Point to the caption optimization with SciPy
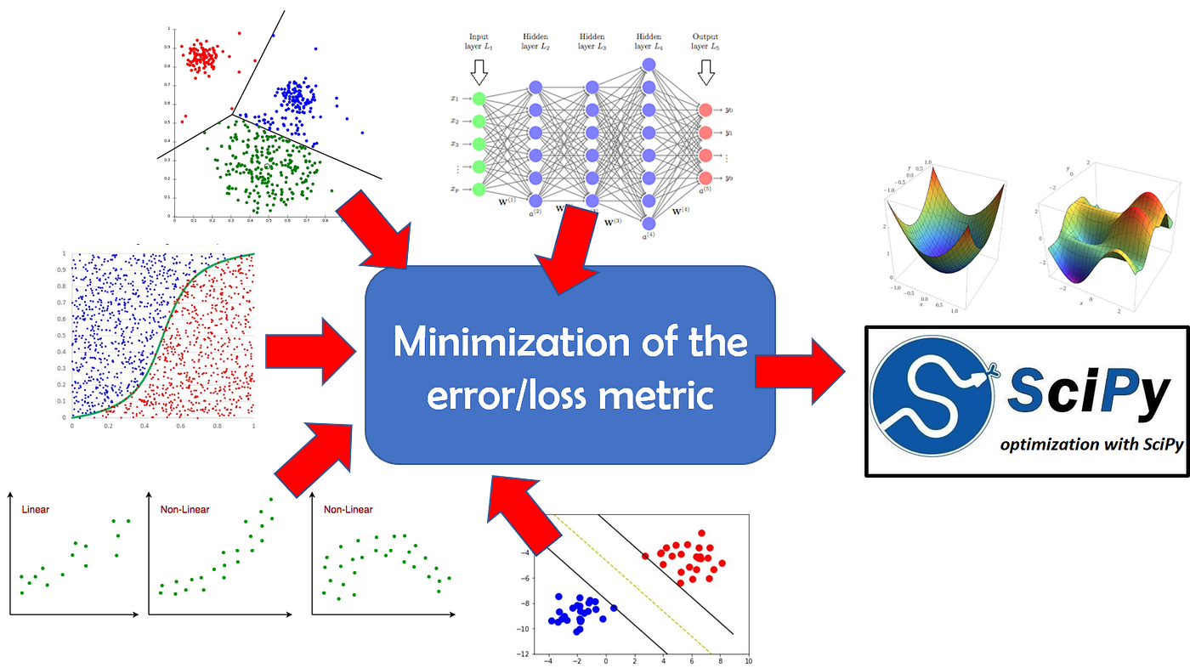1091,445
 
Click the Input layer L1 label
479,42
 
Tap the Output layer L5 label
705,42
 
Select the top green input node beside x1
479,99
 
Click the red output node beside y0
705,110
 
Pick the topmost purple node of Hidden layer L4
649,65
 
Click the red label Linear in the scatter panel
36,510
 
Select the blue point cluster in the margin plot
578,612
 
